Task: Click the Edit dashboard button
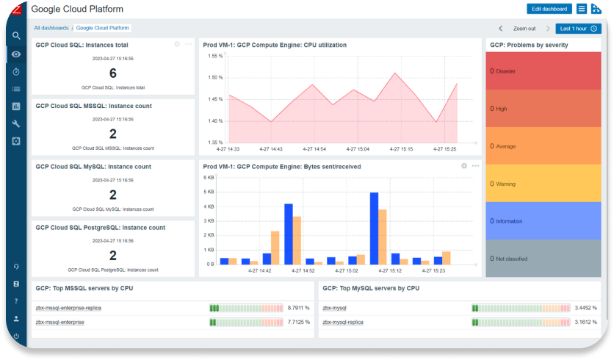point(549,9)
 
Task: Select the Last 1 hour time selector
point(578,29)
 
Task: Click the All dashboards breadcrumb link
point(51,28)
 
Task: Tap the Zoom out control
point(524,29)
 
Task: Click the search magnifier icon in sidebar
point(16,35)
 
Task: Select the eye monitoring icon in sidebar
point(16,54)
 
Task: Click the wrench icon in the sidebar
point(16,123)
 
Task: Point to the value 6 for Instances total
point(112,73)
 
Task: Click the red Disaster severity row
point(543,71)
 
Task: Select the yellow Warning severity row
point(543,184)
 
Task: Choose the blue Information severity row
point(543,221)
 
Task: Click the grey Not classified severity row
point(543,259)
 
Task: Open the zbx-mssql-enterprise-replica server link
point(68,308)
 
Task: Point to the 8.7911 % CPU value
point(298,308)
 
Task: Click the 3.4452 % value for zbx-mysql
point(585,308)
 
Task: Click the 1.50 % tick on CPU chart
point(214,78)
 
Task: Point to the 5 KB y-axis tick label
point(210,192)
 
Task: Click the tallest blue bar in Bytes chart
point(374,228)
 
